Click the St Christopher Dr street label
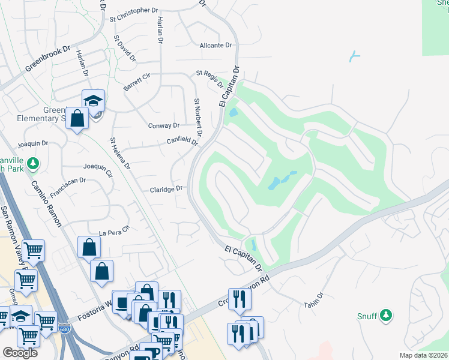pos(133,11)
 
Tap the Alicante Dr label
pos(215,46)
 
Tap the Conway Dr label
pos(164,126)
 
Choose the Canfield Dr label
pos(182,142)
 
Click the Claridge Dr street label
pos(166,189)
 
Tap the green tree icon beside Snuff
pos(386,314)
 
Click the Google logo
pos(20,353)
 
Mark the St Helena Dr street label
pos(119,154)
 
